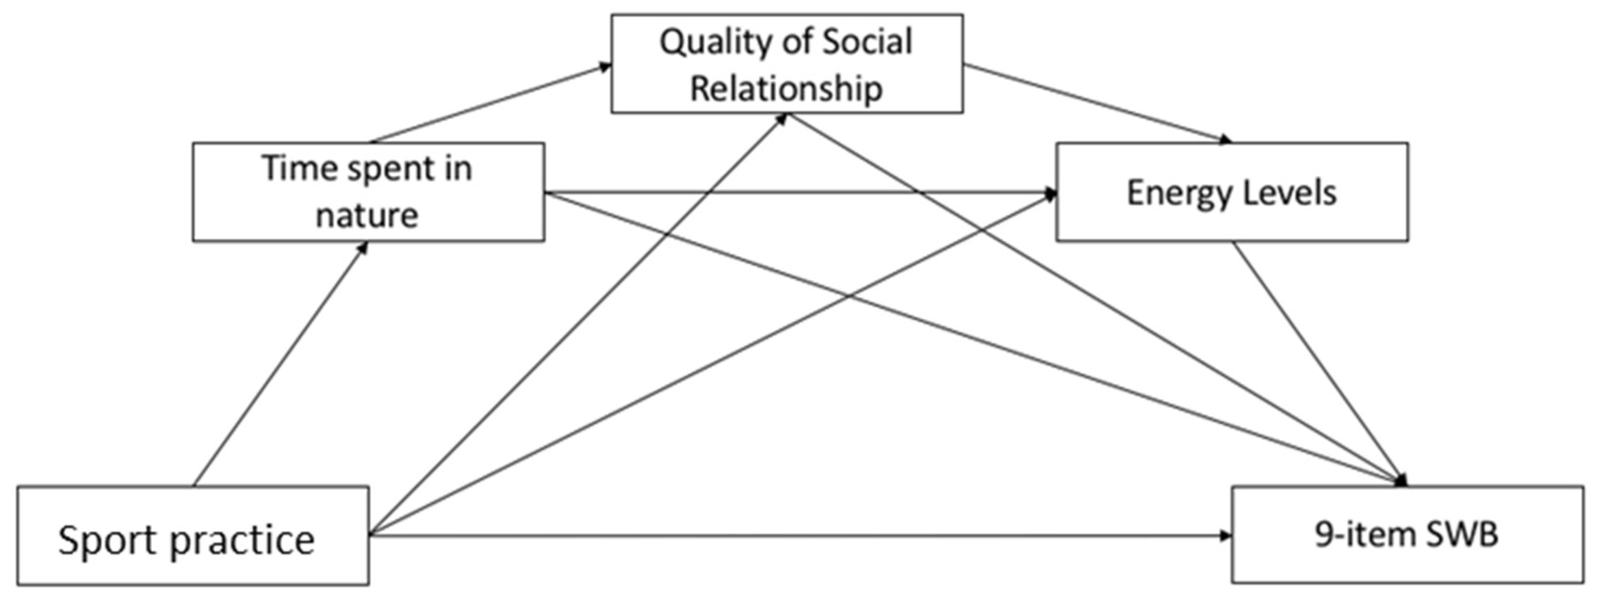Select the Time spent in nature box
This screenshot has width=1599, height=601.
(x=368, y=192)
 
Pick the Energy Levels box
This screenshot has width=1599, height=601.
(x=1232, y=192)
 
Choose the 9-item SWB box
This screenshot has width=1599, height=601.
(x=1407, y=534)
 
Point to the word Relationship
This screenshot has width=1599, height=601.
(x=786, y=88)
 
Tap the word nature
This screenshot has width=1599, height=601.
(x=367, y=215)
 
